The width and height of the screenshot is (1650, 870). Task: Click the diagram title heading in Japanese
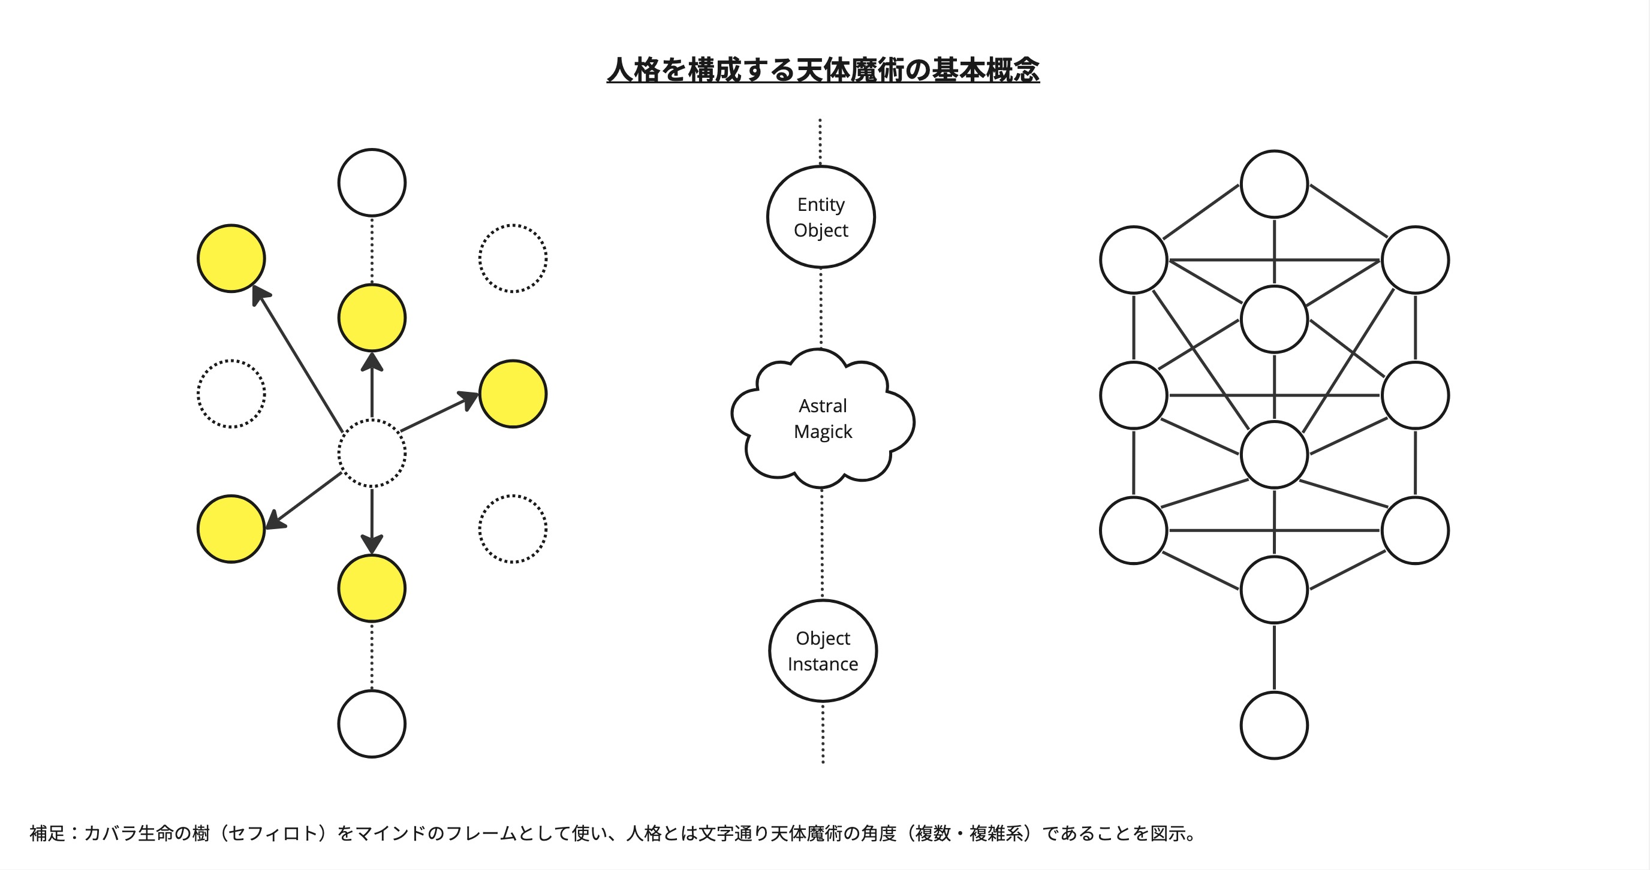pyautogui.click(x=823, y=70)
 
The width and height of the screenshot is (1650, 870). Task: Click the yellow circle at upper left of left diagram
pyautogui.click(x=231, y=258)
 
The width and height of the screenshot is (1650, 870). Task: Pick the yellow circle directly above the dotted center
pyautogui.click(x=372, y=318)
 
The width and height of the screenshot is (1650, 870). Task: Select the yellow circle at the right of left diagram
pyautogui.click(x=513, y=394)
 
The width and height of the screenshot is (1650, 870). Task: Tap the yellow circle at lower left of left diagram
pyautogui.click(x=231, y=529)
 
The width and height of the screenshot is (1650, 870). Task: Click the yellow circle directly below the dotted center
pyautogui.click(x=372, y=588)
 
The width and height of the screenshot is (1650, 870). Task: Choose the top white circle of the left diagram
pyautogui.click(x=372, y=183)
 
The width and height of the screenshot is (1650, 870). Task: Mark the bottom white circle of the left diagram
pyautogui.click(x=372, y=724)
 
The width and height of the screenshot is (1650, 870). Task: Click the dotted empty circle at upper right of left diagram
pyautogui.click(x=513, y=258)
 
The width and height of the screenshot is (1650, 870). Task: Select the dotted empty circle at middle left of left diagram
pyautogui.click(x=231, y=394)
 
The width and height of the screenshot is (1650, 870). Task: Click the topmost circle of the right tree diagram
pyautogui.click(x=1274, y=185)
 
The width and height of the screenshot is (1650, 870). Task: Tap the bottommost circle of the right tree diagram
pyautogui.click(x=1274, y=726)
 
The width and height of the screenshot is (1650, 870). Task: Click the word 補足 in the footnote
pyautogui.click(x=47, y=833)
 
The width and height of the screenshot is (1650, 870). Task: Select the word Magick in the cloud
pyautogui.click(x=823, y=432)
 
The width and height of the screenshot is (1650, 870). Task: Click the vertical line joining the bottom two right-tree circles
pyautogui.click(x=1274, y=657)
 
